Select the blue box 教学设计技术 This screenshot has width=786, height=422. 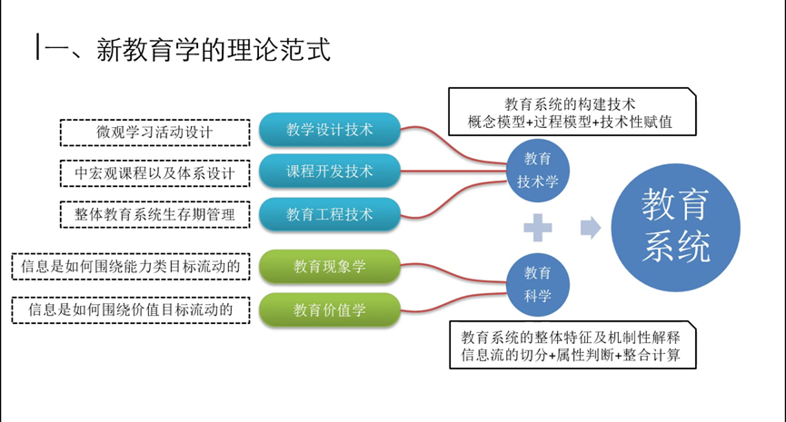pos(329,129)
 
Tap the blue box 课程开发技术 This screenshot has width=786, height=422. pos(329,172)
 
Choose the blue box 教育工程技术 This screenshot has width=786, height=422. pos(329,214)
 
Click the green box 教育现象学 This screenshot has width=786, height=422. pos(329,267)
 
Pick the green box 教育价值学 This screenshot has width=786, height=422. pos(329,309)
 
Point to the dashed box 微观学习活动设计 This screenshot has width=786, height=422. pos(154,132)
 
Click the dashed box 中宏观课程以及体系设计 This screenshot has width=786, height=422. pos(154,173)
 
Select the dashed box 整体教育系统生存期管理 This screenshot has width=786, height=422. pos(154,214)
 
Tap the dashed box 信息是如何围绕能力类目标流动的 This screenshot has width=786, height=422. pos(130,267)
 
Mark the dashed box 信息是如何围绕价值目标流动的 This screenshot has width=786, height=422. pos(130,309)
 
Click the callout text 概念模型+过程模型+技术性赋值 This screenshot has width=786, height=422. pos(570,122)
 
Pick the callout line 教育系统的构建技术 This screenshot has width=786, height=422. pos(570,103)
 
